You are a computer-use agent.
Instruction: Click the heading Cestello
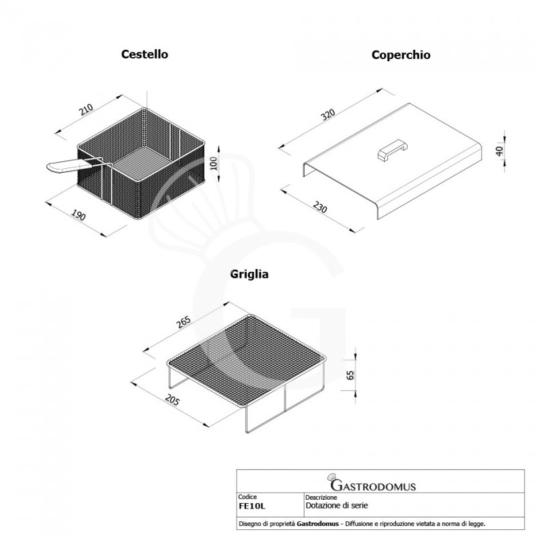pyautogui.click(x=145, y=54)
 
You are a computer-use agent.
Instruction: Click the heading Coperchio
pyautogui.click(x=401, y=54)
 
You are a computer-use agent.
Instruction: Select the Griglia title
pyautogui.click(x=249, y=274)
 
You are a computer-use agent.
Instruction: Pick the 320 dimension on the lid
pyautogui.click(x=328, y=114)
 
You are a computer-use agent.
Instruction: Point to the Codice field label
pyautogui.click(x=248, y=497)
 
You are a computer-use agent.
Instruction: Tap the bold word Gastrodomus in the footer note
pyautogui.click(x=316, y=523)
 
